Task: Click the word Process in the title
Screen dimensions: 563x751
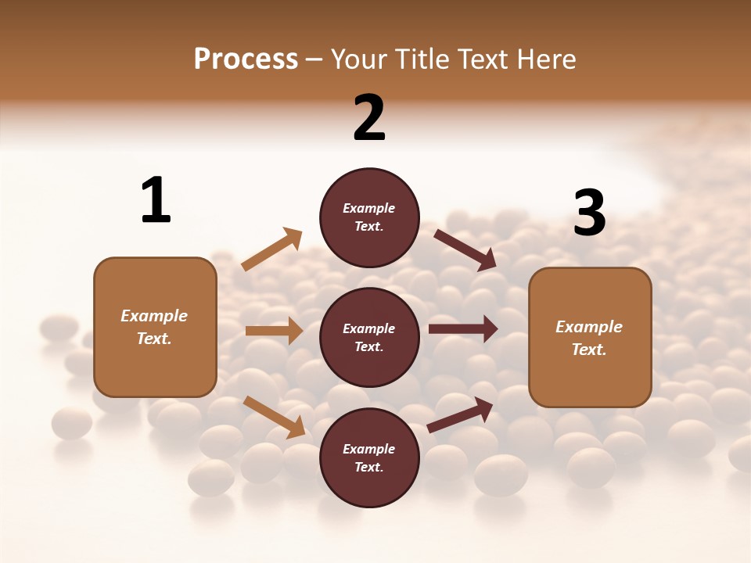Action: click(x=246, y=59)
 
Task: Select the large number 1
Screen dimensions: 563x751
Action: click(x=156, y=201)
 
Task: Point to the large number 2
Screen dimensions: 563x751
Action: click(x=369, y=118)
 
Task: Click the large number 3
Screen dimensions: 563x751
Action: click(x=589, y=213)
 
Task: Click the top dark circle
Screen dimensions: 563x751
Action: click(x=369, y=217)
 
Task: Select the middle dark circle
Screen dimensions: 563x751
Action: click(x=369, y=337)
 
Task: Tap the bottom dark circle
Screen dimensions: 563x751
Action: click(x=369, y=457)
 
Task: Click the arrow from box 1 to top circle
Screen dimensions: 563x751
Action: click(x=271, y=249)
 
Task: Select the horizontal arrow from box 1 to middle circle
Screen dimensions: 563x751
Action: click(x=274, y=331)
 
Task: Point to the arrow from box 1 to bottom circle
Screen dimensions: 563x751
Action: click(x=274, y=416)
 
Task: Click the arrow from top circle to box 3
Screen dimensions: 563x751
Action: click(x=465, y=250)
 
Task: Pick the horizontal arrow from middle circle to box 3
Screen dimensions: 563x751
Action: click(x=462, y=328)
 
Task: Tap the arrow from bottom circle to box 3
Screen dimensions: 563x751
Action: click(x=460, y=415)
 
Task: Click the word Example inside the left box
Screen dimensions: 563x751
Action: click(x=154, y=316)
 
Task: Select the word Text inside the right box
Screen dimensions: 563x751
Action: click(x=588, y=350)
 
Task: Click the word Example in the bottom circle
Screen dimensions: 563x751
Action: click(x=369, y=449)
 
